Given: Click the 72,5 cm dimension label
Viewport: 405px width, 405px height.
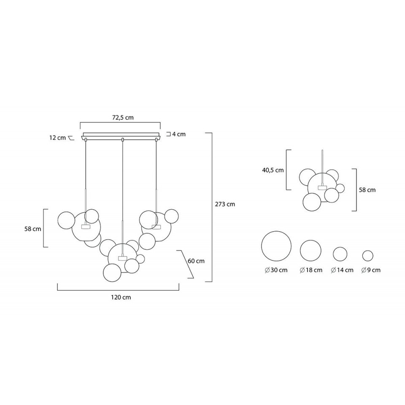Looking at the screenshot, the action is (123, 118).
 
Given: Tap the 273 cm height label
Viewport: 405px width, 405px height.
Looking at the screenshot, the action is (225, 204).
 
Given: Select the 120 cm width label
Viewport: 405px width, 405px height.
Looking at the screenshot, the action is (121, 297).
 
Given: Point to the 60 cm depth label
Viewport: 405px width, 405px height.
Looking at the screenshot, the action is (196, 261).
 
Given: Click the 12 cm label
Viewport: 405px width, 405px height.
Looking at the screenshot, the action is (58, 138).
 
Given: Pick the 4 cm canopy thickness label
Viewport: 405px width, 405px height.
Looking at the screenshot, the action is (179, 134).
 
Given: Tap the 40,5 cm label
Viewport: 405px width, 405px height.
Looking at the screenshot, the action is (273, 170).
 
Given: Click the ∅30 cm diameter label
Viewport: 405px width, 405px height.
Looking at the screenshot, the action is (276, 270).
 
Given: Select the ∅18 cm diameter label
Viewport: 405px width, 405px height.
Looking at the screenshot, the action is (311, 270).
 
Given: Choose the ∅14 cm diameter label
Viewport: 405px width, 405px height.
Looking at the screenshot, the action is (342, 270).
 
